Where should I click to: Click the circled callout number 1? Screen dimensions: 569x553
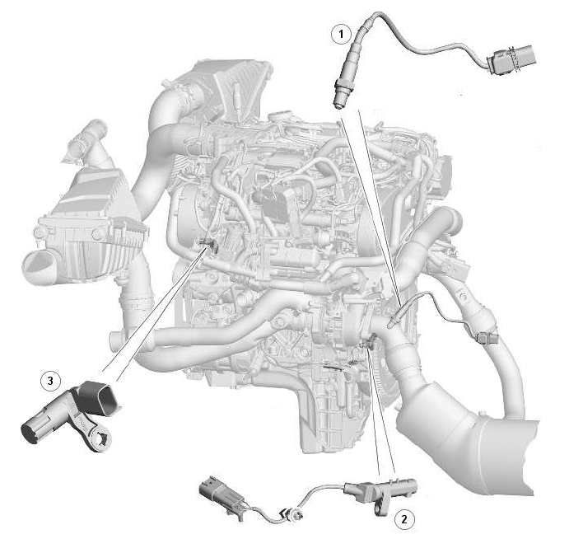point(341,34)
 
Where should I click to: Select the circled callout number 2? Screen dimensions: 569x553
point(403,519)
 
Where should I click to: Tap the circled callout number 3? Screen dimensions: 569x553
point(50,381)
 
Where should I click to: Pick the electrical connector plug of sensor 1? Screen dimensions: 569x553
point(511,59)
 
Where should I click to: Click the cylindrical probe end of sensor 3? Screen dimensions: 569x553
point(35,429)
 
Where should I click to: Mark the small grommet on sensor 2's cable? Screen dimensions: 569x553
point(292,514)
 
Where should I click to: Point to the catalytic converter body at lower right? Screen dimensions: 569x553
point(468,447)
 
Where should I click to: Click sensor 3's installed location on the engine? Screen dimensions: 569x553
point(208,245)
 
